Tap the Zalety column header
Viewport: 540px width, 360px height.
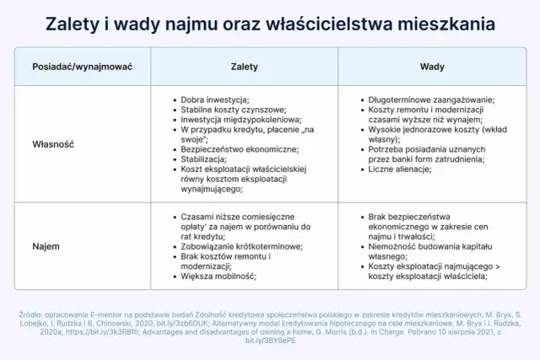click(x=244, y=65)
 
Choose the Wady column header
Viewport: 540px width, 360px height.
click(x=433, y=65)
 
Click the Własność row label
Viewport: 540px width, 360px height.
click(x=53, y=144)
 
